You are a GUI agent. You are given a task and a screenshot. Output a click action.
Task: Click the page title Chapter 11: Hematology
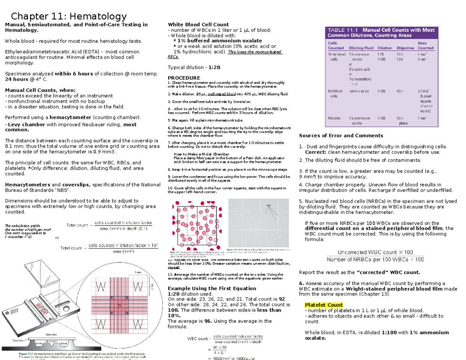pos(69,16)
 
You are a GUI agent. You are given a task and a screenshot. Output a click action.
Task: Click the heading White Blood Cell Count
pos(198,24)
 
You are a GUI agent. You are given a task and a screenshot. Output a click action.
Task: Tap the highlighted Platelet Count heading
pos(324,305)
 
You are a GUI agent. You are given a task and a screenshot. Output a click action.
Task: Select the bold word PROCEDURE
pos(184,78)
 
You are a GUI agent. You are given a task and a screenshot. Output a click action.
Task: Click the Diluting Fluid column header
pos(361,48)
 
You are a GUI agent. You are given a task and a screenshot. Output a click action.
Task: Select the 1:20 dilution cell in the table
pos(382,54)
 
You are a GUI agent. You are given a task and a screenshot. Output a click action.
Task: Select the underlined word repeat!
pos(174,268)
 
